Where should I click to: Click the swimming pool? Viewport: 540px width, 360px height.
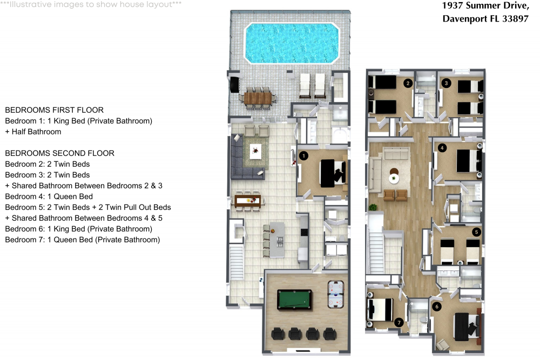coord(292,42)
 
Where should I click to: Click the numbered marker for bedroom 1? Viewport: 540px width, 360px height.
coord(303,156)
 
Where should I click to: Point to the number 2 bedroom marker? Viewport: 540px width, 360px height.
coord(408,83)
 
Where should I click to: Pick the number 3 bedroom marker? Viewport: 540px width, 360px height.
coord(446,83)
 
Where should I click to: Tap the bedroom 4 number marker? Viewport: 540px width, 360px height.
coord(442,147)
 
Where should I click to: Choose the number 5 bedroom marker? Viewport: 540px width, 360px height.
coord(476,232)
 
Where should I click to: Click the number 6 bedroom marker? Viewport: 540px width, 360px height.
coord(437,307)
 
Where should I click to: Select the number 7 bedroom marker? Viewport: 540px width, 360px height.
coord(399,323)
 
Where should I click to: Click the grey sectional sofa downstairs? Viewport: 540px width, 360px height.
coord(243,160)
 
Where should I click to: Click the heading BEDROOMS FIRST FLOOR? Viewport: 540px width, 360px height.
coord(54,110)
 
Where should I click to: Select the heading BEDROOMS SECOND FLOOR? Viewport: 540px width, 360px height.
coord(59,153)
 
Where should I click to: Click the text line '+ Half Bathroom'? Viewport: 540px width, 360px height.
coord(33,132)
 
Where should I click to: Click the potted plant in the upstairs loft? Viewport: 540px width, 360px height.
coord(372,206)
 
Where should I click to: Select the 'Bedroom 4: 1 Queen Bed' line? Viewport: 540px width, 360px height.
coord(49,196)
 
